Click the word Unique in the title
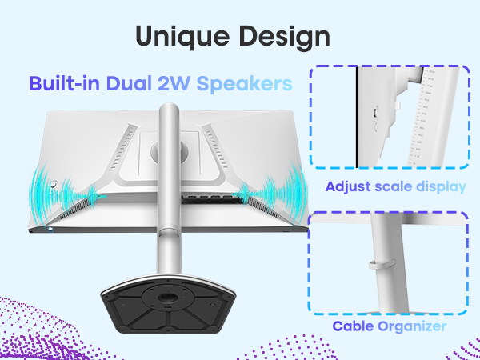click(x=182, y=37)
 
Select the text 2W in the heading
click(x=173, y=83)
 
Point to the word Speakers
click(x=244, y=83)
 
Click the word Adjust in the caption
click(x=348, y=186)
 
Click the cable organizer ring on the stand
click(x=382, y=263)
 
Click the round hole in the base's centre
click(x=168, y=297)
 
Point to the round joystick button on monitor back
click(x=54, y=184)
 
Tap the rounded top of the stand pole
click(x=169, y=109)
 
